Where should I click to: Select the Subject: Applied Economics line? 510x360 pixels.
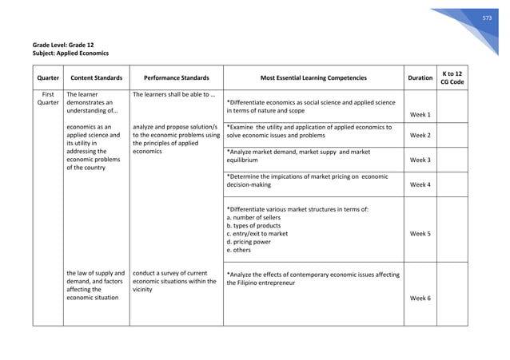tap(70, 53)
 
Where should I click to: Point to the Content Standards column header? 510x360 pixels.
tap(96, 78)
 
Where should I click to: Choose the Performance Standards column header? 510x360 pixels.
tap(176, 78)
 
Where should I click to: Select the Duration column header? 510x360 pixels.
tap(420, 78)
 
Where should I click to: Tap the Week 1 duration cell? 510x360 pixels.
tap(420, 115)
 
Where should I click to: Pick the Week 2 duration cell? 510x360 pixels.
tap(420, 135)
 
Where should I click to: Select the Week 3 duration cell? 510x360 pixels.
tap(420, 160)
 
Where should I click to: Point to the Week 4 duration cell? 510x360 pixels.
tap(420, 184)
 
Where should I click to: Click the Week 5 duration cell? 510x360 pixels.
tap(420, 234)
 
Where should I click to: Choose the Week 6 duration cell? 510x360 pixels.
tap(420, 298)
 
